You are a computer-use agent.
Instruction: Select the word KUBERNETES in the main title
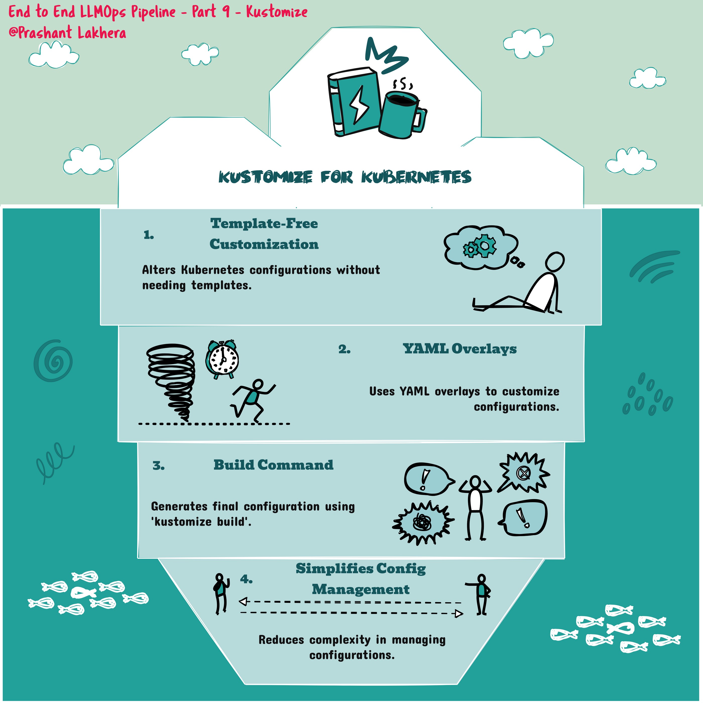tap(416, 177)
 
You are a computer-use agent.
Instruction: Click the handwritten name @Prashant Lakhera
tap(67, 33)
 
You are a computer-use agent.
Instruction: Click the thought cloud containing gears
tap(480, 248)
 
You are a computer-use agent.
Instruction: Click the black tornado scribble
tap(171, 382)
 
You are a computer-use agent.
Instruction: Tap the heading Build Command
tap(273, 465)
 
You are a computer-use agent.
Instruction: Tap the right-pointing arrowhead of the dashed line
tap(459, 614)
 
